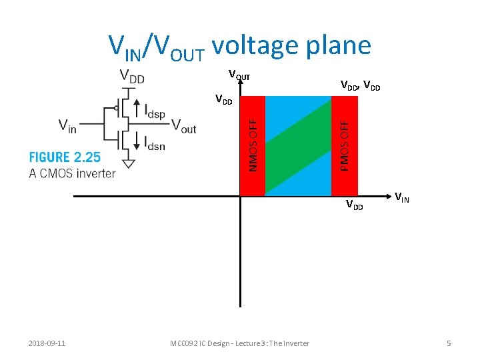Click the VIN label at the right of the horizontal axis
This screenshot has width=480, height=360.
(x=401, y=197)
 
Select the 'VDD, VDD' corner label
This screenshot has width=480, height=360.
(x=360, y=86)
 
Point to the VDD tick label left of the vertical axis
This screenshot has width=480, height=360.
(x=224, y=101)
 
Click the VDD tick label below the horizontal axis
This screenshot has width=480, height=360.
(x=354, y=205)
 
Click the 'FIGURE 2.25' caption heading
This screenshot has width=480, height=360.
(x=64, y=157)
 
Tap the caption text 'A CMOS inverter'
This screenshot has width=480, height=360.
(x=72, y=174)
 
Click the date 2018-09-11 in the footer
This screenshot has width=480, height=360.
(x=47, y=343)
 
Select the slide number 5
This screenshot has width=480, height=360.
(x=449, y=343)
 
